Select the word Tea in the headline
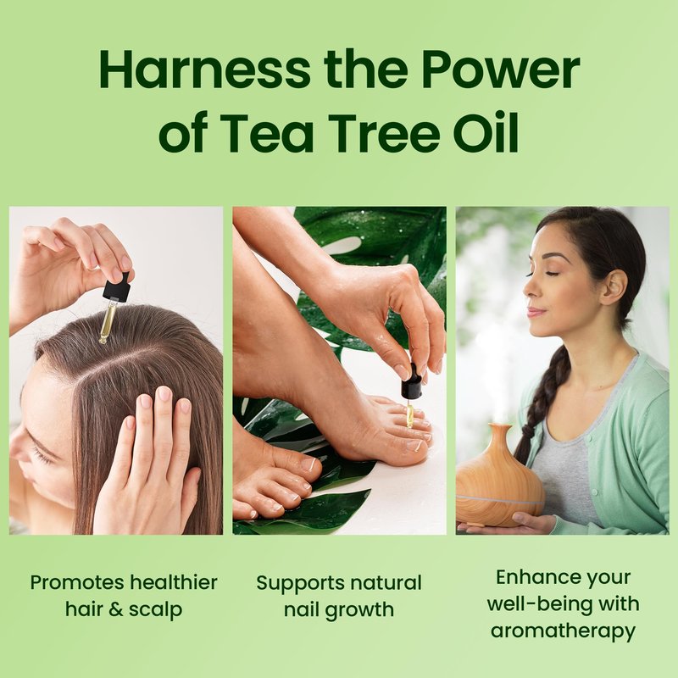click(266, 132)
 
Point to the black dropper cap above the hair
click(116, 286)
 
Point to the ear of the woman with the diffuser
click(614, 286)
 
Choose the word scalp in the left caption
click(155, 609)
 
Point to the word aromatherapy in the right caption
click(563, 631)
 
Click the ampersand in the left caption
click(116, 609)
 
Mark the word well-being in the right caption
click(540, 604)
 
